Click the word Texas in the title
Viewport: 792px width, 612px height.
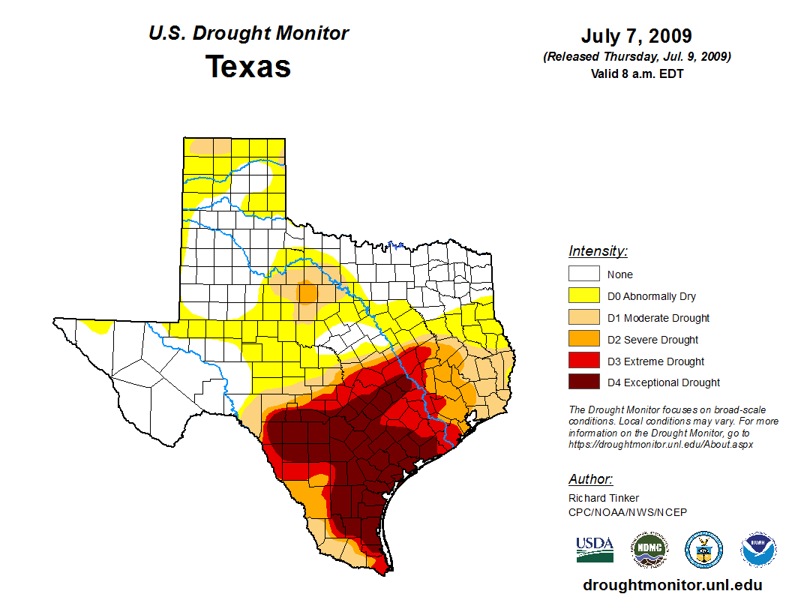pos(248,66)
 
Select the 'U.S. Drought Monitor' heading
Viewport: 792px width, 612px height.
pos(248,34)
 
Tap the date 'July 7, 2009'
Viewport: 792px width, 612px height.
pos(636,36)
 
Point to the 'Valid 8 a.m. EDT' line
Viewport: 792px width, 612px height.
pos(636,73)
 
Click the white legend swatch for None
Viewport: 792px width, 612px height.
pos(583,274)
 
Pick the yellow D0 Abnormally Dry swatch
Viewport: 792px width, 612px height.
pos(583,295)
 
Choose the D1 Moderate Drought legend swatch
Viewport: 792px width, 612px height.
pos(583,317)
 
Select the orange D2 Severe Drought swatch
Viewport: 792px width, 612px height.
pos(583,339)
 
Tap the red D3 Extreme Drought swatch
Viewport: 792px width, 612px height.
pos(583,361)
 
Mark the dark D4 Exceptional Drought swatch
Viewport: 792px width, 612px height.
pos(583,382)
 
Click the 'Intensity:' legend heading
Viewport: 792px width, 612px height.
pos(598,251)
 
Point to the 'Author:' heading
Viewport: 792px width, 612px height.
pos(590,479)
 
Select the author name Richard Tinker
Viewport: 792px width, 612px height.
pos(604,498)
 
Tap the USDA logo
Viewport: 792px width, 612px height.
pos(595,549)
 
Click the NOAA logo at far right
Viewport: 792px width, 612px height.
pos(758,550)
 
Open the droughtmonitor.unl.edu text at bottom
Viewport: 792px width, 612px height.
pos(672,585)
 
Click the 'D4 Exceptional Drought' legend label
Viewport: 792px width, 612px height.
pos(664,382)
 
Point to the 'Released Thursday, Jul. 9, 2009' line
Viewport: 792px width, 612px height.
pos(637,57)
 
